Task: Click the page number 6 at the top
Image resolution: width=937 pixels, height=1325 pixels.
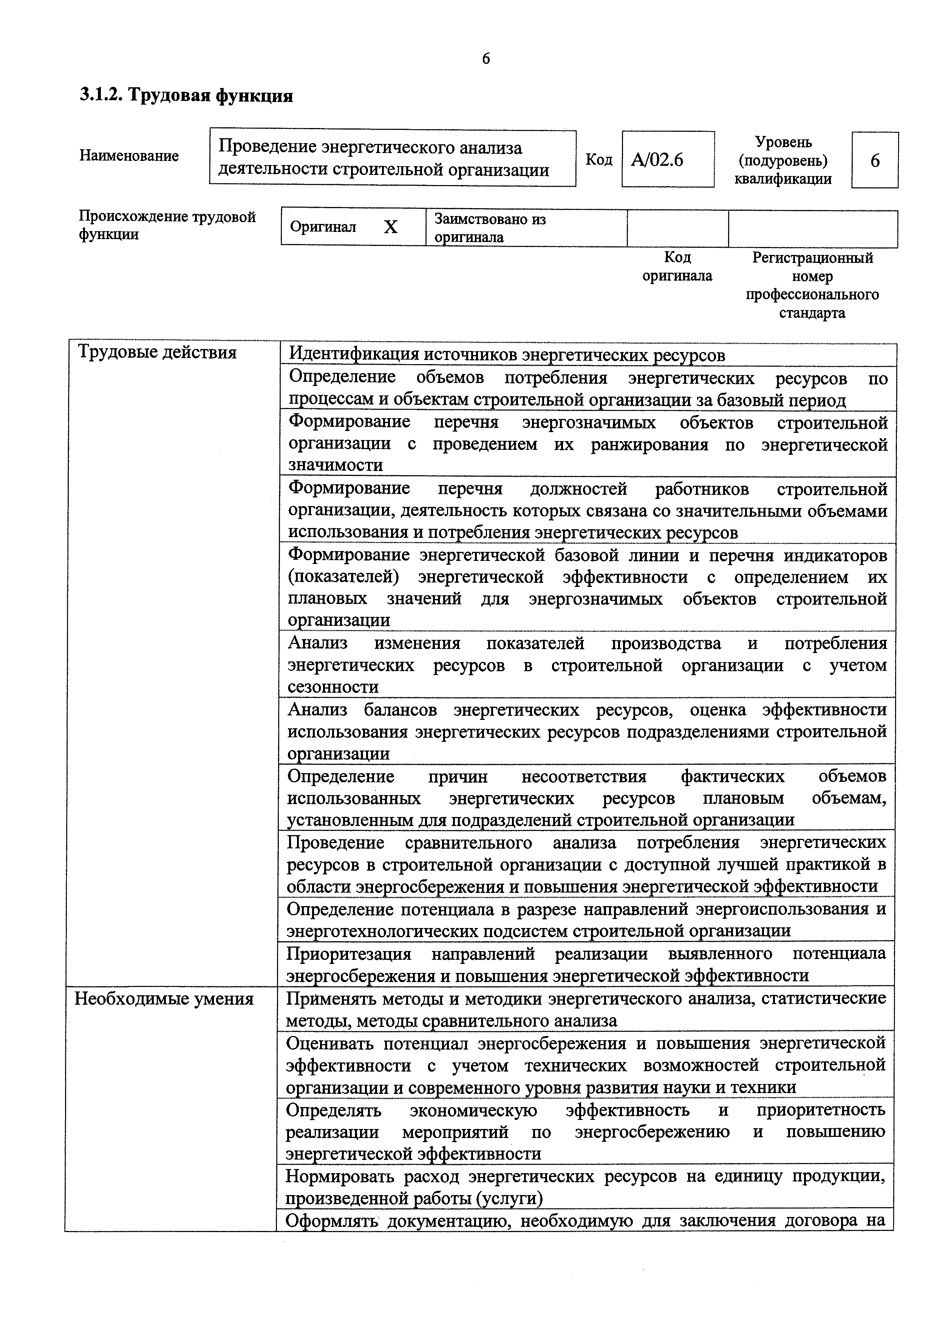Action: (486, 59)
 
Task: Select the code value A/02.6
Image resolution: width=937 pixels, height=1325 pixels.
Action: (657, 160)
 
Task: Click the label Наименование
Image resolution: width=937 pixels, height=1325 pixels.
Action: (129, 156)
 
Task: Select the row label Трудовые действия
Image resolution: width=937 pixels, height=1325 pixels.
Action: (157, 352)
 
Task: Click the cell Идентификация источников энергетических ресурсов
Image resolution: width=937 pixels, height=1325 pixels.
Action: (506, 355)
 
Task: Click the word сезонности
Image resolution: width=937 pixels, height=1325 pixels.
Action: (333, 687)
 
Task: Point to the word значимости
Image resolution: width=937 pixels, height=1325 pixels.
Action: (336, 465)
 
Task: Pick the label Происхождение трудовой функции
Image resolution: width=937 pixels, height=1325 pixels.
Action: (167, 225)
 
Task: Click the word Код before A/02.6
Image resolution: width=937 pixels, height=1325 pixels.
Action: (599, 159)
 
